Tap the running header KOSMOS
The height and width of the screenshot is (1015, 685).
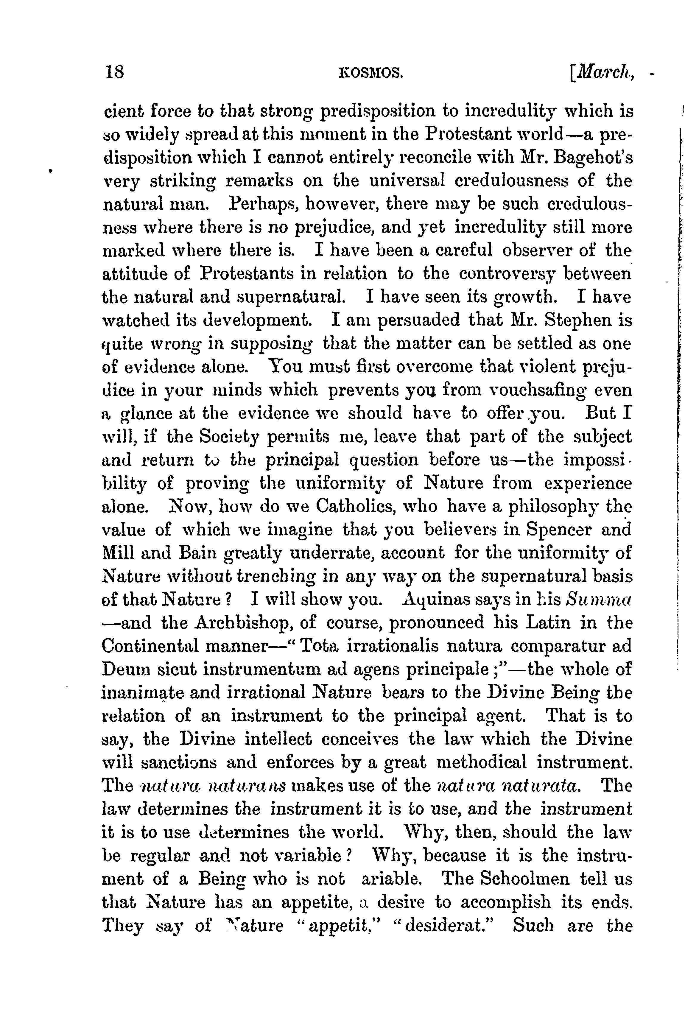pyautogui.click(x=370, y=72)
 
